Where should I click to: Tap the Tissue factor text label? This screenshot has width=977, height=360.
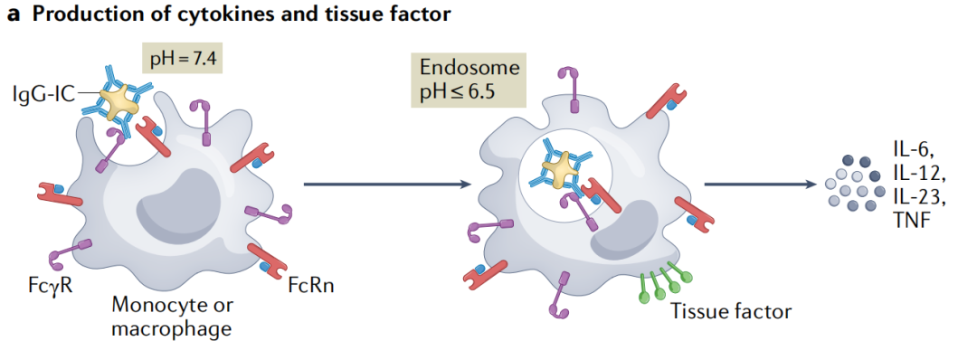731,311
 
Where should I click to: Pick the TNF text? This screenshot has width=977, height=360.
911,218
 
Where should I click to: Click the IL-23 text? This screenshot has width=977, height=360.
919,196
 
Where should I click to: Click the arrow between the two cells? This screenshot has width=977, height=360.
388,185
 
